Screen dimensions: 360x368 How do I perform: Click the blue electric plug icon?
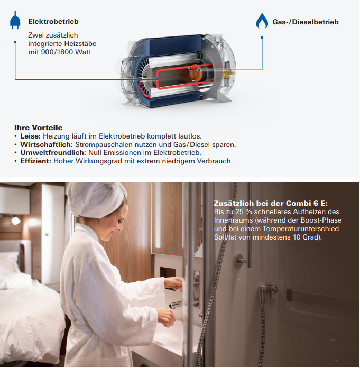15,20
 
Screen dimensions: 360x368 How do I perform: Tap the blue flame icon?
262,21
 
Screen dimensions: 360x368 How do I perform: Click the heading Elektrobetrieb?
53,21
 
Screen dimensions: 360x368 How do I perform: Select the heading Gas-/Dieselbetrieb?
306,22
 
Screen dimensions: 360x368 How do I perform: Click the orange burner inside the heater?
195,73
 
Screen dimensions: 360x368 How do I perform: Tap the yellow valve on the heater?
226,75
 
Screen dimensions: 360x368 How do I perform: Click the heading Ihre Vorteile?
39,127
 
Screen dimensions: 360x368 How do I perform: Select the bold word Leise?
31,136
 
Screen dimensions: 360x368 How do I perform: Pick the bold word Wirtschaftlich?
47,144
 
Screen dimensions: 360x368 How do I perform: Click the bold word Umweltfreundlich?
53,153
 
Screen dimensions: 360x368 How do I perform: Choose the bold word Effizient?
35,161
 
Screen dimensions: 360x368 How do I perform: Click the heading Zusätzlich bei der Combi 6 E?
271,203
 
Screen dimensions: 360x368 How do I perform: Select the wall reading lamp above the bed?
15,219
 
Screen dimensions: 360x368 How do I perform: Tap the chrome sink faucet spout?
176,305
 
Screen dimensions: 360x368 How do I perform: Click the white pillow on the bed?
9,262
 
